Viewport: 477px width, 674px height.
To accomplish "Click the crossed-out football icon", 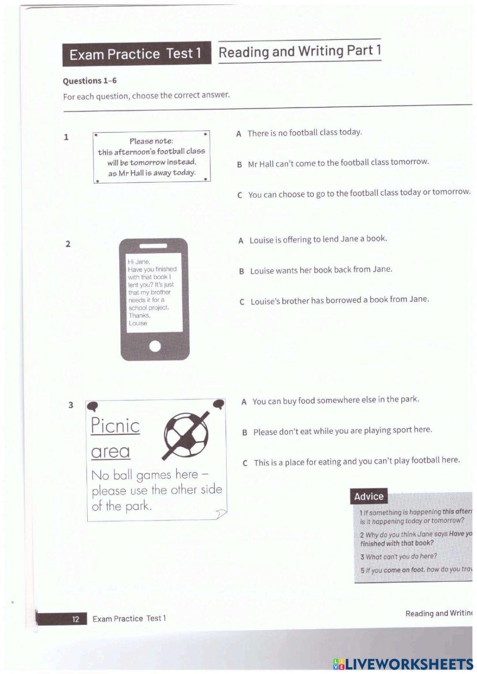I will pos(187,434).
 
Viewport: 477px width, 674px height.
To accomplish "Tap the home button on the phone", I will pos(155,346).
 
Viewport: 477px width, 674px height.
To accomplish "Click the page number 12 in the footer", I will pos(75,619).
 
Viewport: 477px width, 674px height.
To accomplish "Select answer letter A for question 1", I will pos(238,134).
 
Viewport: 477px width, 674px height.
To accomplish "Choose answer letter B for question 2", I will pos(242,271).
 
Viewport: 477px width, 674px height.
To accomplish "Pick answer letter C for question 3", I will pos(245,463).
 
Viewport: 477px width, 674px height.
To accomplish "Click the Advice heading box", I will pos(369,497).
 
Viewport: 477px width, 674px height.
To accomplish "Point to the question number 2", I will pos(68,244).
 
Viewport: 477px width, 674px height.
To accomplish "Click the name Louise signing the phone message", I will pos(138,323).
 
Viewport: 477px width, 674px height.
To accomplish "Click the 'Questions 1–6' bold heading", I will pos(90,81).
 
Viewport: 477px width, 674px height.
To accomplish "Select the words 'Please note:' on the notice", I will pos(151,141).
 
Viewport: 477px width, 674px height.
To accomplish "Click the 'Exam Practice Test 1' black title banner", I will pos(136,54).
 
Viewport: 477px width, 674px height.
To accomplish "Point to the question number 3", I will pos(71,405).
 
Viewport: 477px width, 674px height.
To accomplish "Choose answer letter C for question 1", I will pos(239,195).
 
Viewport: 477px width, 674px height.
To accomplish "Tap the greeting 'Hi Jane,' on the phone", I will pos(139,261).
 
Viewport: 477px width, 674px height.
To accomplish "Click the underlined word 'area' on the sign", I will pos(110,451).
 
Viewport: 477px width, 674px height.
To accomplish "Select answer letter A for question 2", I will pos(241,240).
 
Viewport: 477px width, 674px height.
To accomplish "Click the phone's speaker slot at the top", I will pos(153,246).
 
